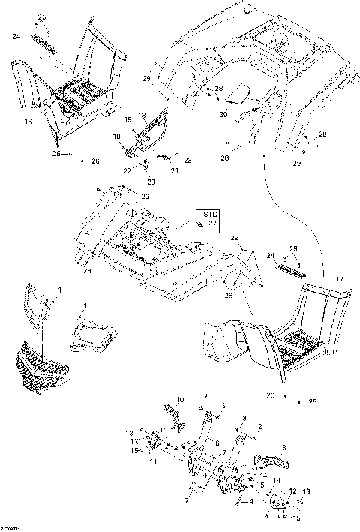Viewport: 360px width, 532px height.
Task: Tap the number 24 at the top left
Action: [16, 35]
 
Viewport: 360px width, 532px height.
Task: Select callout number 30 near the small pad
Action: [223, 114]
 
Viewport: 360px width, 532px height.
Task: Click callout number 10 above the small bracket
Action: [179, 398]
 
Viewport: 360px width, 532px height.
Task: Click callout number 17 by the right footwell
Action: [339, 280]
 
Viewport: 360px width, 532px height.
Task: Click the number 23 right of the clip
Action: [187, 160]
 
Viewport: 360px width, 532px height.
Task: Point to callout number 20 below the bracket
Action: [151, 182]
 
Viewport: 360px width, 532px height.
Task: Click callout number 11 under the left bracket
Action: [153, 463]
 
